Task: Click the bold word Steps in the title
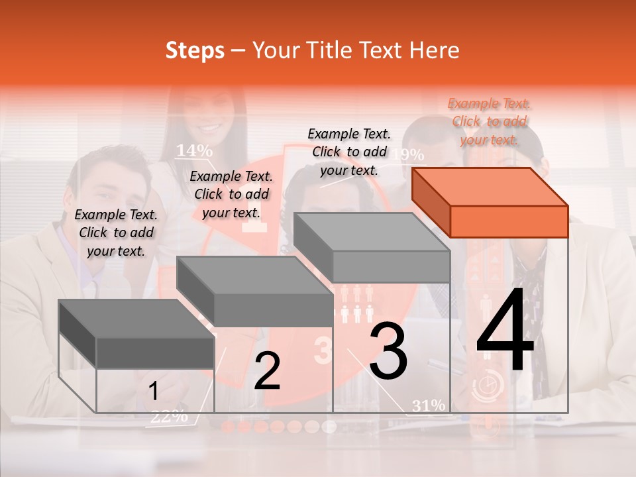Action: coord(195,50)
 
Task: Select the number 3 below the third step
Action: coord(388,351)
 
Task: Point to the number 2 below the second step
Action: coord(267,371)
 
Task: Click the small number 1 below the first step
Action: coord(153,392)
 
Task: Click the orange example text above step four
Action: coord(489,121)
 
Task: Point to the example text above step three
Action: coord(349,152)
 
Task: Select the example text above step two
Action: coord(231,194)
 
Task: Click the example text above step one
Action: coord(116,233)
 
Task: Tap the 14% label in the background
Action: coord(194,150)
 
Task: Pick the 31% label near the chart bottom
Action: coord(429,405)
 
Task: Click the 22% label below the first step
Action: coord(169,417)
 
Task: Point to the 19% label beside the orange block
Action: coord(408,155)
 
